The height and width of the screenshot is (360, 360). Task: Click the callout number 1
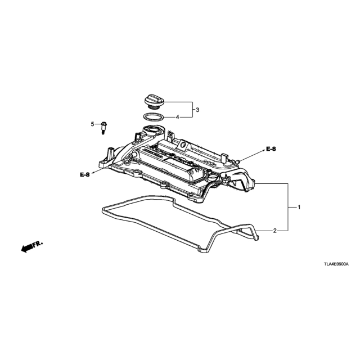click(x=299, y=208)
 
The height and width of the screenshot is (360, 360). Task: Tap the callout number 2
click(x=275, y=231)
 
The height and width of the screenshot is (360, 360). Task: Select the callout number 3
click(x=197, y=110)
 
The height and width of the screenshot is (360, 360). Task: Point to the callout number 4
click(x=177, y=118)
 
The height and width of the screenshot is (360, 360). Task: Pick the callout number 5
click(x=92, y=124)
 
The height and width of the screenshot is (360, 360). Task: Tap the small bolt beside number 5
click(x=103, y=128)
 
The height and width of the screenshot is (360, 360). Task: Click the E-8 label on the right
click(x=271, y=149)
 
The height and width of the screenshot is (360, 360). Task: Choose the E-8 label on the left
click(x=85, y=175)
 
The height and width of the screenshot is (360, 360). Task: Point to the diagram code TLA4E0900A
click(x=336, y=264)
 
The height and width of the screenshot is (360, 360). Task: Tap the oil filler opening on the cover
click(x=151, y=128)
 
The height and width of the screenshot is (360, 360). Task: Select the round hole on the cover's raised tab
click(x=183, y=145)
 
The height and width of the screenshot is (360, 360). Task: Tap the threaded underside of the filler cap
click(x=152, y=108)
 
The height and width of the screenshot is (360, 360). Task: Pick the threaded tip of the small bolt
click(x=103, y=132)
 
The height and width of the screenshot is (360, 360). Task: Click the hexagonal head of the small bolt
click(x=103, y=124)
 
